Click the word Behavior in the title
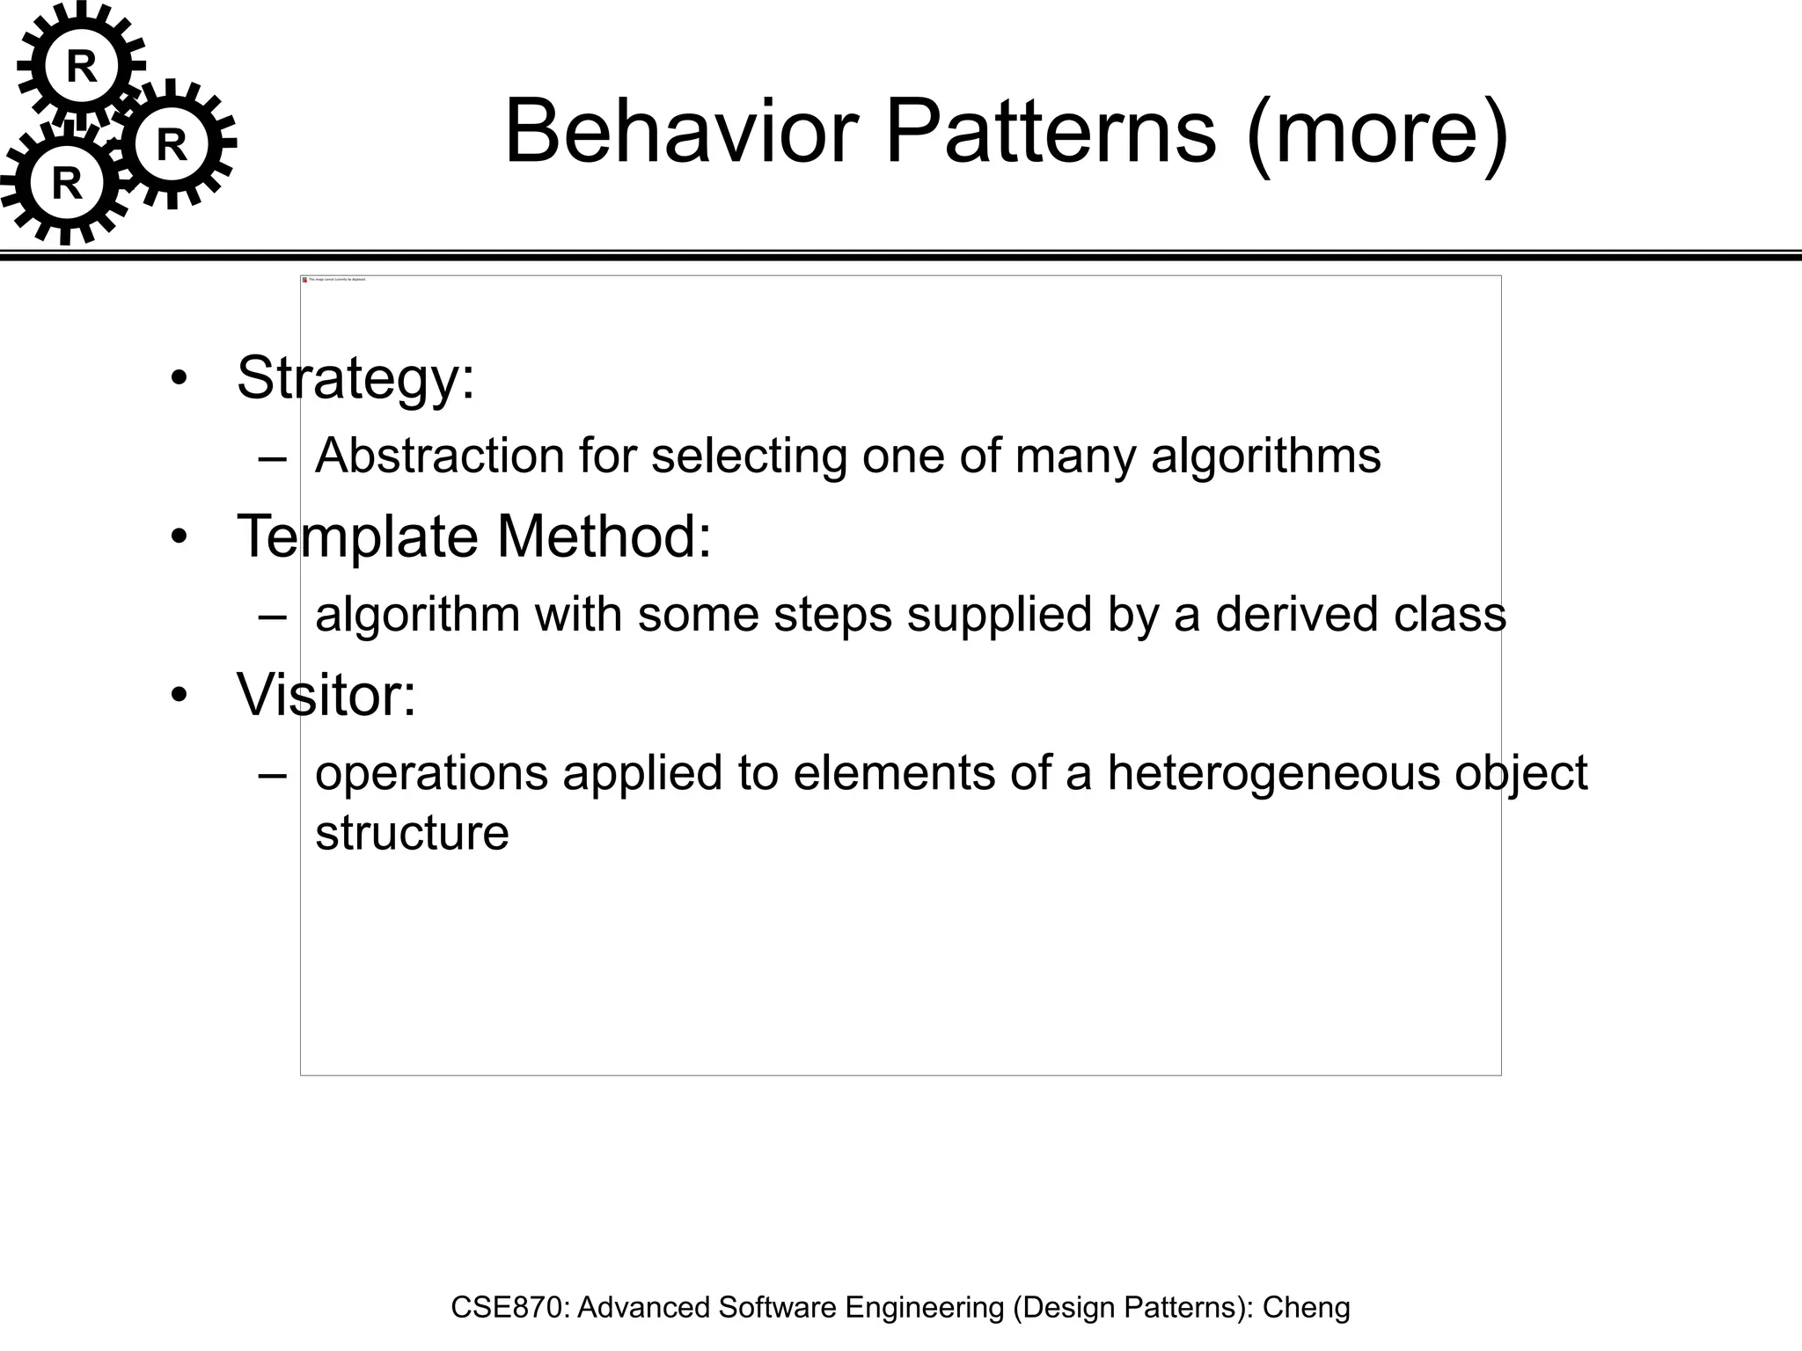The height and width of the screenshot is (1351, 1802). click(681, 132)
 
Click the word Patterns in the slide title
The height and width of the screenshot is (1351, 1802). click(1051, 132)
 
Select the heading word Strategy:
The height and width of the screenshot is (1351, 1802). click(355, 378)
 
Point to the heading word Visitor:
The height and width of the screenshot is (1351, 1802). click(326, 695)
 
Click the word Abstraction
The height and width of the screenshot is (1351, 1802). click(440, 456)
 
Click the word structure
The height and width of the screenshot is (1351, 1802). click(412, 832)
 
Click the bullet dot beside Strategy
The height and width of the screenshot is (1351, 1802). click(179, 378)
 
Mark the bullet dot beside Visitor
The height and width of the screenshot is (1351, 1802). click(179, 695)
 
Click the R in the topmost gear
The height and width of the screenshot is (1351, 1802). click(82, 67)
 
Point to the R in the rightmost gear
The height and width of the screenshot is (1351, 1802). click(172, 145)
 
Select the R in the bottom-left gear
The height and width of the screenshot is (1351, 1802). click(67, 184)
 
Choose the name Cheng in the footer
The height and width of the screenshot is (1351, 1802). click(1306, 1308)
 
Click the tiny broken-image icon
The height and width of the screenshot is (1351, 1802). click(304, 280)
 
